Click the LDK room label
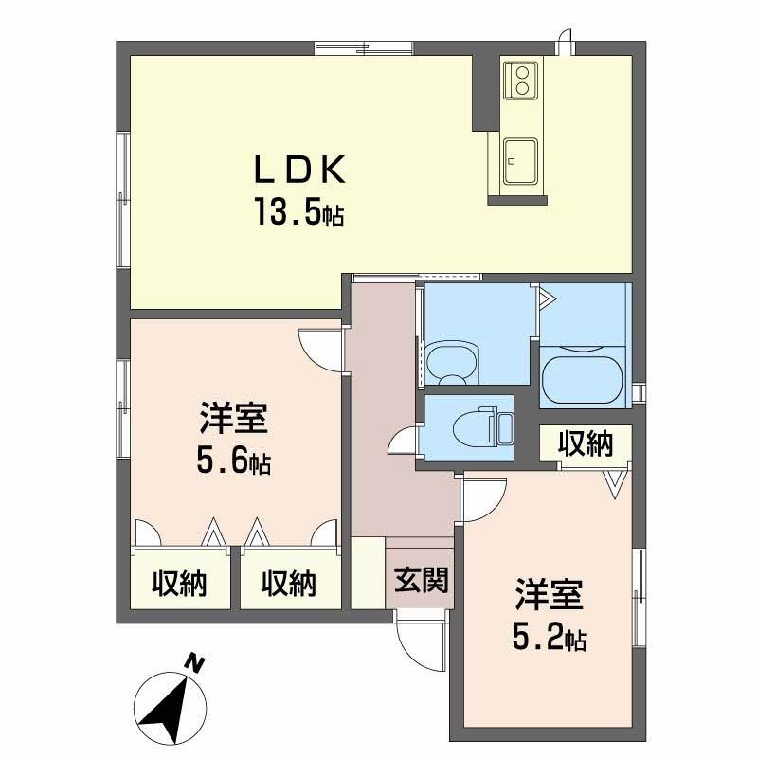(x=295, y=171)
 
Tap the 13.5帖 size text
(x=297, y=212)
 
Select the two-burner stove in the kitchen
(x=520, y=79)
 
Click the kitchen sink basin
(x=520, y=157)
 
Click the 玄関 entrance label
(x=422, y=580)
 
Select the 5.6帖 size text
(x=234, y=461)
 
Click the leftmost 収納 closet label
(x=180, y=585)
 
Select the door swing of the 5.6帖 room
(x=319, y=349)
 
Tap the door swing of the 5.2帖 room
(x=484, y=500)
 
